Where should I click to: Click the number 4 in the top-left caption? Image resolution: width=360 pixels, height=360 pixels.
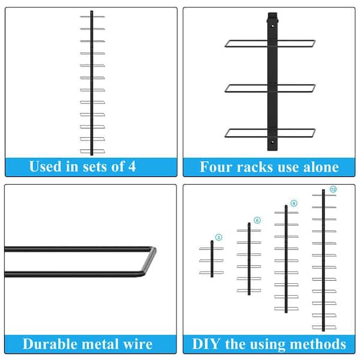(131, 166)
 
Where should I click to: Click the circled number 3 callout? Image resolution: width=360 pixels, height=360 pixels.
(219, 237)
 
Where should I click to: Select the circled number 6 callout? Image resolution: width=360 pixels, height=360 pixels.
(257, 220)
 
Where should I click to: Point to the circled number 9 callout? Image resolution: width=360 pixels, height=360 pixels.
(293, 203)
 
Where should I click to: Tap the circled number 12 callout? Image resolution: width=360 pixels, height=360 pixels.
(333, 189)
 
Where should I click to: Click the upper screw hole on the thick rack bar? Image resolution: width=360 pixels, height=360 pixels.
(272, 26)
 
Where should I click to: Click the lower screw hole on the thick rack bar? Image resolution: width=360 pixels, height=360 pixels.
(272, 142)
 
